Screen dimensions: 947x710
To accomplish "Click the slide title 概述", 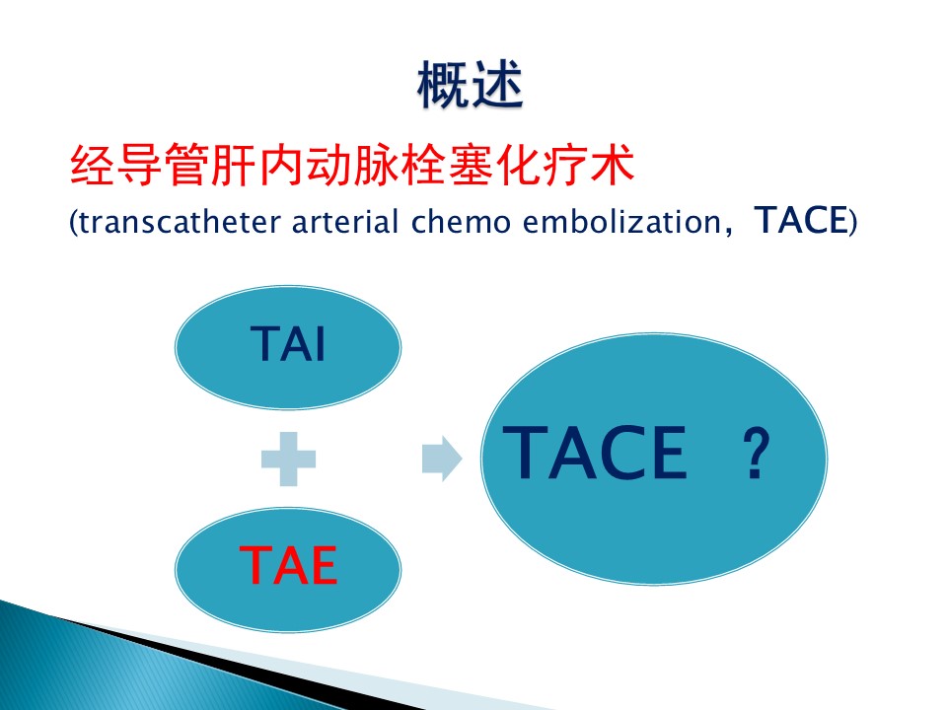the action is pyautogui.click(x=470, y=85).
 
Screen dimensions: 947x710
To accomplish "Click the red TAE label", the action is pyautogui.click(x=288, y=565).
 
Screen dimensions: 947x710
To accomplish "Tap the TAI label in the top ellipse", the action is pyautogui.click(x=288, y=343).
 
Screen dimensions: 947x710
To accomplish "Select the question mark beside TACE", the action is pyautogui.click(x=756, y=453).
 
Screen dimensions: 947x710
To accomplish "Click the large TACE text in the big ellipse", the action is pyautogui.click(x=595, y=453).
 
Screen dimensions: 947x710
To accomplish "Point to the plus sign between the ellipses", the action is pyautogui.click(x=288, y=459).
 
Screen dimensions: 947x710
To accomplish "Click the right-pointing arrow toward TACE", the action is pyautogui.click(x=442, y=459).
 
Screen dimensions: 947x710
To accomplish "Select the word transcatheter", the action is pyautogui.click(x=180, y=222).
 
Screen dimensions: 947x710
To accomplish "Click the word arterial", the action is pyautogui.click(x=345, y=222).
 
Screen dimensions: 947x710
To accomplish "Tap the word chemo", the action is pyautogui.click(x=461, y=222).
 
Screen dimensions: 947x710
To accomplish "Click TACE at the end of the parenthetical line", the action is pyautogui.click(x=801, y=220).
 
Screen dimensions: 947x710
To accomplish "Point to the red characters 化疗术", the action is pyautogui.click(x=565, y=165).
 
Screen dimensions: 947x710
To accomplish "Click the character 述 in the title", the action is pyautogui.click(x=497, y=85).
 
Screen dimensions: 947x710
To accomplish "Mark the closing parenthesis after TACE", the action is pyautogui.click(x=852, y=222).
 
